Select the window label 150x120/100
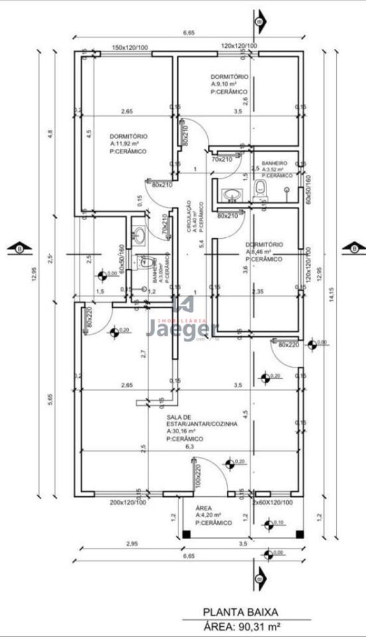click(130, 47)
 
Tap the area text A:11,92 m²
click(128, 144)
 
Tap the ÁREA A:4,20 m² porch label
click(208, 515)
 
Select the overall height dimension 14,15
click(331, 293)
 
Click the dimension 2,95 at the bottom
click(131, 543)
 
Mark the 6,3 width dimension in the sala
click(189, 447)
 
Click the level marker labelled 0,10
click(278, 522)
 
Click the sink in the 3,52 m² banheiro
click(231, 194)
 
